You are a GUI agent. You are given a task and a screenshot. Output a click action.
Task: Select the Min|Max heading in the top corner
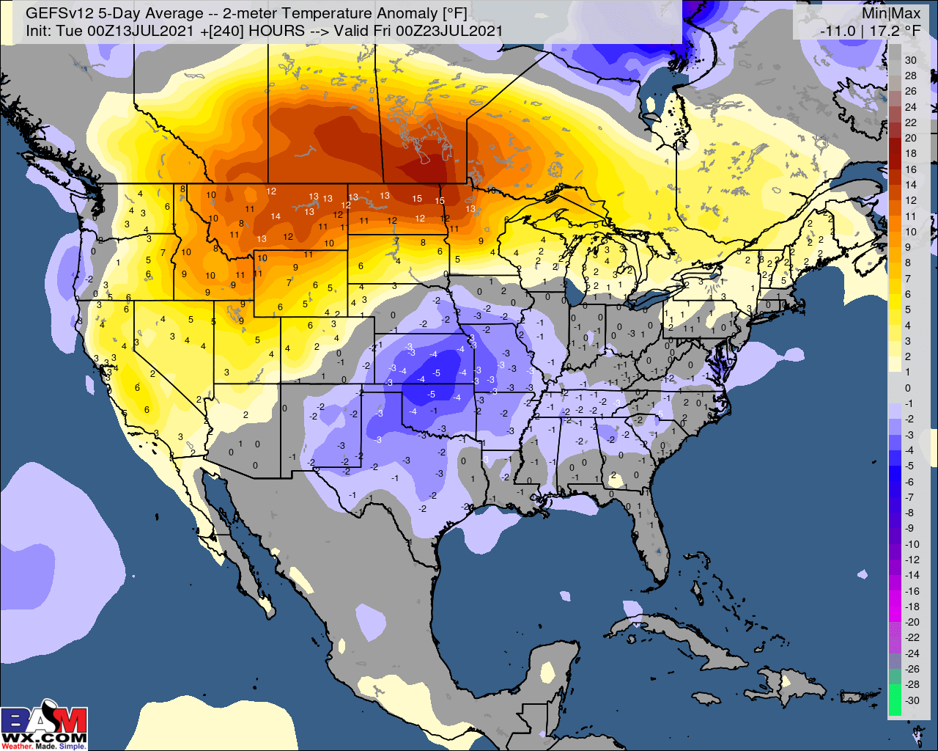(890, 13)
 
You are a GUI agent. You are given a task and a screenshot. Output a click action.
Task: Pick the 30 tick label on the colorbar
(910, 60)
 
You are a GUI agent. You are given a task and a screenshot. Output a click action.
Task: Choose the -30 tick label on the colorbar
(912, 700)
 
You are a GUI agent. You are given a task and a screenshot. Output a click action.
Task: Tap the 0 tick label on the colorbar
(908, 388)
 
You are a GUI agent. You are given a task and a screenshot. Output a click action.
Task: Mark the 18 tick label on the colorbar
(910, 153)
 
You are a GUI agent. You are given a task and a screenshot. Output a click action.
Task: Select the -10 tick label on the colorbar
(912, 543)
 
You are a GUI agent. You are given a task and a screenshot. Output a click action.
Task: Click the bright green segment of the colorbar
(895, 700)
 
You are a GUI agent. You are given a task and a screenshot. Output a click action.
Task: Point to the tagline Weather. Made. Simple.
(44, 746)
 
